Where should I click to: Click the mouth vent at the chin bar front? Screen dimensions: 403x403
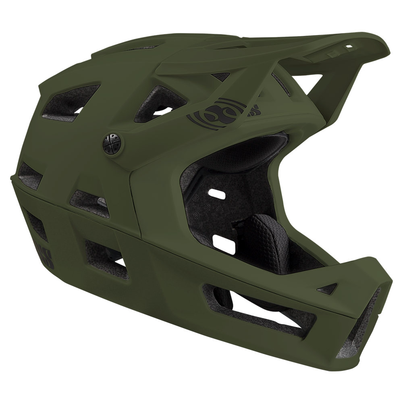[363, 322]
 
